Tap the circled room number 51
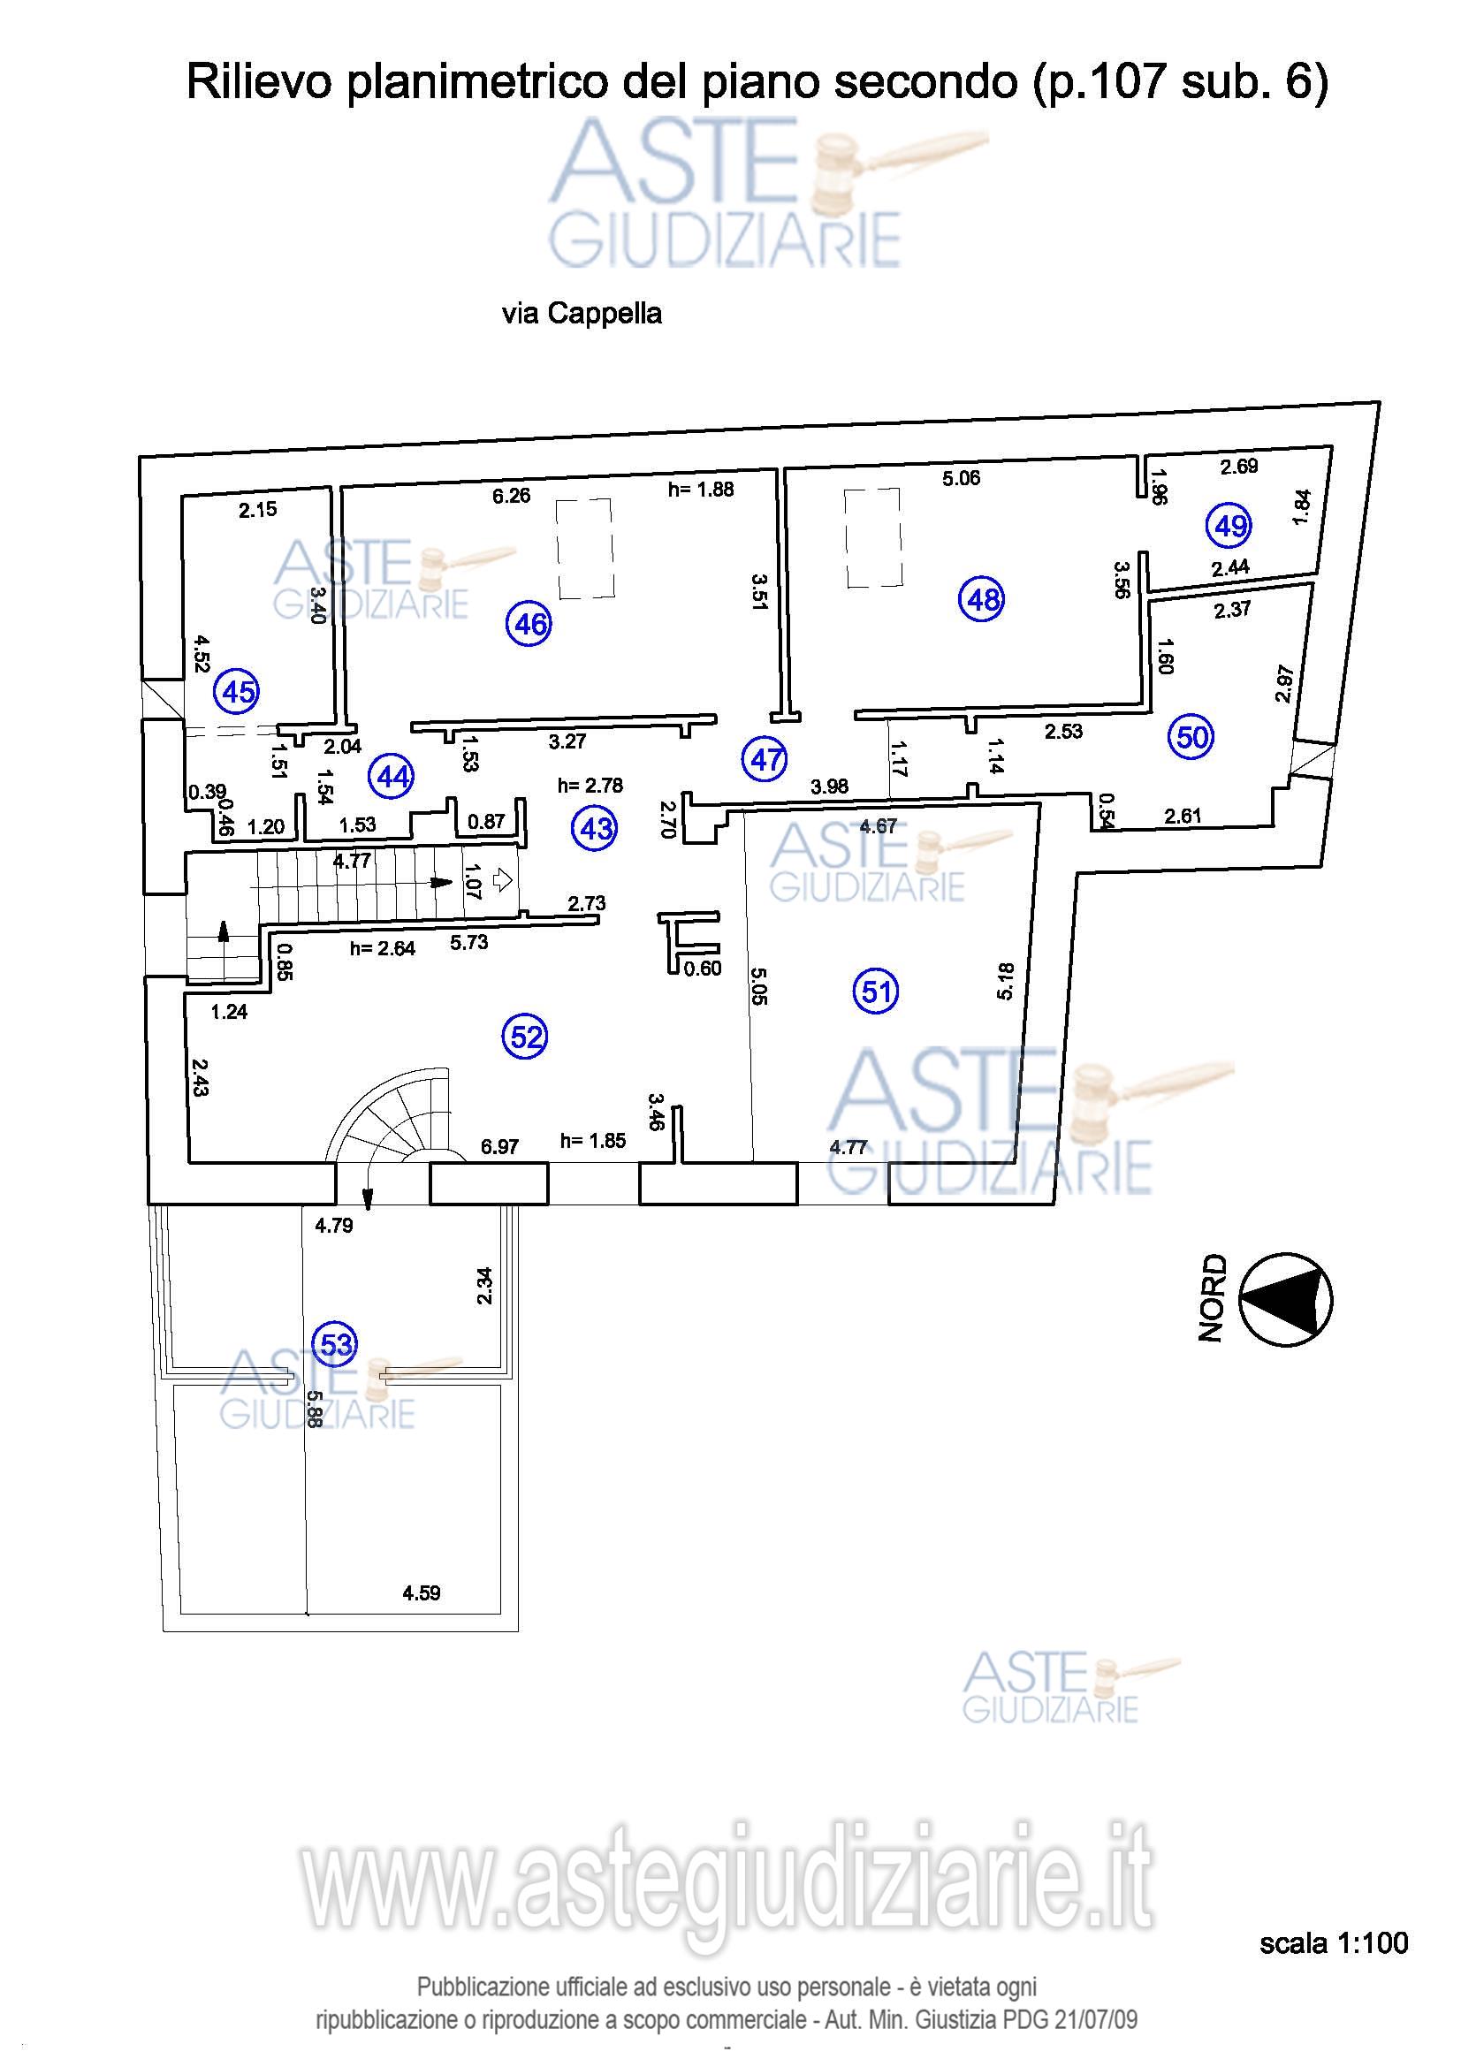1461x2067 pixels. point(875,992)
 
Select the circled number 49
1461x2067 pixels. point(1229,525)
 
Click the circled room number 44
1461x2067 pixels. point(392,775)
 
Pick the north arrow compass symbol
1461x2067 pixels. point(1285,1299)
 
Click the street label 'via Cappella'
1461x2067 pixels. point(582,314)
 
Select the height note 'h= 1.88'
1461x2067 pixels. point(700,490)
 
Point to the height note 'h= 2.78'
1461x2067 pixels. point(590,786)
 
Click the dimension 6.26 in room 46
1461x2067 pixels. point(511,495)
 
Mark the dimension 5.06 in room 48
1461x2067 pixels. point(961,478)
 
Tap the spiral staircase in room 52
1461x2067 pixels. point(394,1117)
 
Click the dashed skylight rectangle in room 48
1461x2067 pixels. point(872,537)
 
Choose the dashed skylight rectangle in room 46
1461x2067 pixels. point(584,549)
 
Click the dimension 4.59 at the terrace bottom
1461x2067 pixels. point(421,1593)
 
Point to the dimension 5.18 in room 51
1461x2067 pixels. point(1006,981)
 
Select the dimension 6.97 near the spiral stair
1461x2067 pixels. point(498,1147)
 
